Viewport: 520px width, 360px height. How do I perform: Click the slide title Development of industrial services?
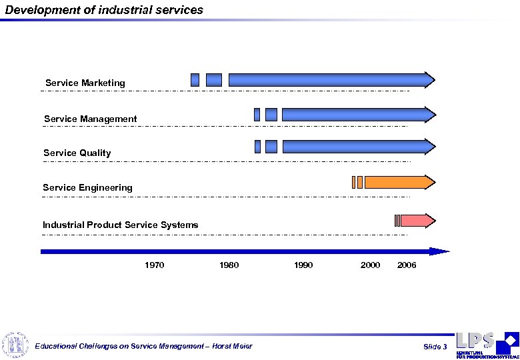pyautogui.click(x=104, y=10)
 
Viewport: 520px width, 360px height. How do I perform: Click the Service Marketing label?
pyautogui.click(x=85, y=83)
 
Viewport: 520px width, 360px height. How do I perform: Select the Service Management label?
pyautogui.click(x=90, y=119)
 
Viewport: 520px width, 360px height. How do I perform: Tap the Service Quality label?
pyautogui.click(x=77, y=153)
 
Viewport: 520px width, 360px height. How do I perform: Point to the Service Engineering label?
pyautogui.click(x=87, y=188)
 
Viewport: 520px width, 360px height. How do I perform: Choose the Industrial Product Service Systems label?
pyautogui.click(x=120, y=225)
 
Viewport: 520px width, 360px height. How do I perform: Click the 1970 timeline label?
pyautogui.click(x=155, y=265)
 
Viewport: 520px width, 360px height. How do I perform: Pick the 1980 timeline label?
pyautogui.click(x=229, y=265)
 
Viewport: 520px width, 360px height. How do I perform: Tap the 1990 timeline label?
pyautogui.click(x=303, y=265)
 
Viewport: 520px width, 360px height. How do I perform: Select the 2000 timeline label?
pyautogui.click(x=370, y=265)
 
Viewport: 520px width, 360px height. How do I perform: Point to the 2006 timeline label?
pyautogui.click(x=406, y=265)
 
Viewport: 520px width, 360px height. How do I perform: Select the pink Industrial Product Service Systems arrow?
pyautogui.click(x=417, y=221)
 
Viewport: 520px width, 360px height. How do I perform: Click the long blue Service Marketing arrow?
pyautogui.click(x=330, y=80)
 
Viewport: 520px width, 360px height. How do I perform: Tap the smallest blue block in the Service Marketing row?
pyautogui.click(x=195, y=80)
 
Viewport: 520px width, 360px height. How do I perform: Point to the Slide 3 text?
pyautogui.click(x=435, y=347)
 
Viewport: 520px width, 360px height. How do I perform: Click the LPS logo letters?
pyautogui.click(x=475, y=341)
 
